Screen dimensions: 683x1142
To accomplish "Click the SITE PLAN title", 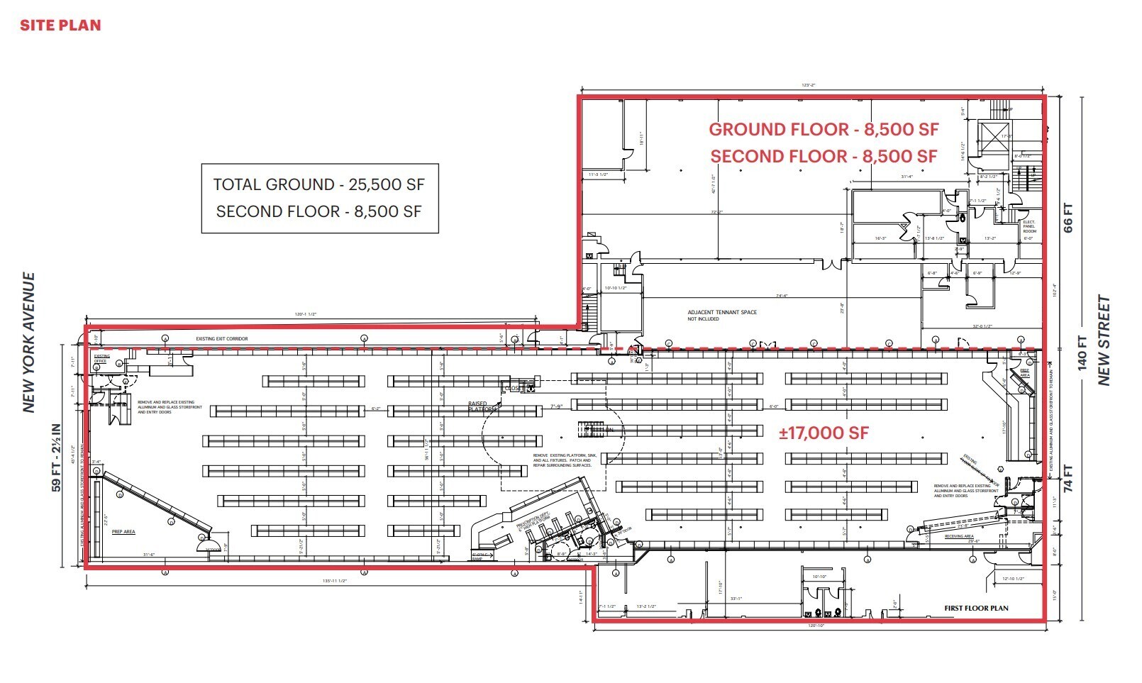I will [60, 26].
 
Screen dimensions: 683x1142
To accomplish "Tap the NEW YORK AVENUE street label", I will [29, 342].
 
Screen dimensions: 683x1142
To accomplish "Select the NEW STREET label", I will [1104, 340].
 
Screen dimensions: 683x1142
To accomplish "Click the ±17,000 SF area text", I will [824, 433].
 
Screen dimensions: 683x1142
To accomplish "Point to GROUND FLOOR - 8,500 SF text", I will [824, 129].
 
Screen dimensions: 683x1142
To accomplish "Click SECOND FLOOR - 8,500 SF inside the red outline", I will [824, 156].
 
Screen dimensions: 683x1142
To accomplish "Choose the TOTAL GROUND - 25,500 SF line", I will [319, 184].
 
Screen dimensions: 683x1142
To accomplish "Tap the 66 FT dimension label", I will [1068, 218].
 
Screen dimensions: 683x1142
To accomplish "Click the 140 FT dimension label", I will [1082, 352].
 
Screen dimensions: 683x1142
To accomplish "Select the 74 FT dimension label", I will [1068, 478].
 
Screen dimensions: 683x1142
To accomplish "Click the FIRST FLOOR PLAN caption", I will [975, 608].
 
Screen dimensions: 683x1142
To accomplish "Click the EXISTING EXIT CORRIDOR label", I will [222, 339].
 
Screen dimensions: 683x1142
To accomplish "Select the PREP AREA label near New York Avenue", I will [123, 531].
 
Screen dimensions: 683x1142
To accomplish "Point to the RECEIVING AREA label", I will [959, 536].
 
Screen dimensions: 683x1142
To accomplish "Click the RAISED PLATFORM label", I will [479, 406].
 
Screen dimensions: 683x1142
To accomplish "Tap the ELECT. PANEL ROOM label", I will [1029, 226].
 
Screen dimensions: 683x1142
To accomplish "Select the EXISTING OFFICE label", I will [102, 359].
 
